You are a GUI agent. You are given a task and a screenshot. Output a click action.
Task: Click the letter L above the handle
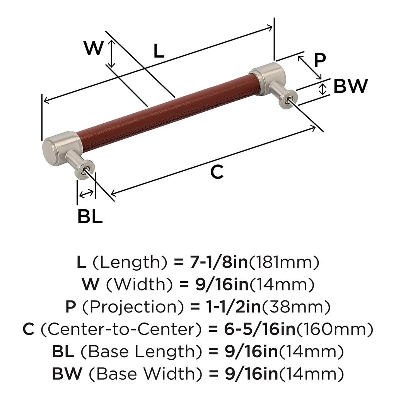coord(159,51)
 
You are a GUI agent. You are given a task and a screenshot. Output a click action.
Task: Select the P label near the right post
coord(320,60)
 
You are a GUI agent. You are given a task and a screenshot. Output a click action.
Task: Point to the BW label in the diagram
coord(350,86)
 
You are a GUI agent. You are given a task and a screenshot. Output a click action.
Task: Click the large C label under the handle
coord(217,172)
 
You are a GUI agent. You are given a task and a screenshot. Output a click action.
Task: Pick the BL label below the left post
coord(90,216)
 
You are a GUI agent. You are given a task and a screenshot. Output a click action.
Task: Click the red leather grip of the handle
coord(167,113)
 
